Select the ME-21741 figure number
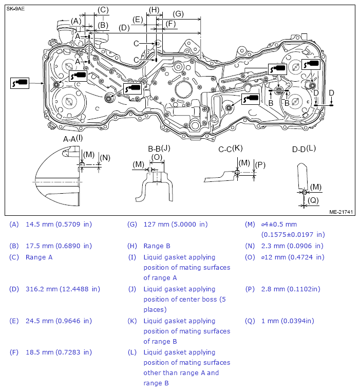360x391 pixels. pyautogui.click(x=340, y=211)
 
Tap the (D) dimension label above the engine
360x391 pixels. pyautogui.click(x=124, y=28)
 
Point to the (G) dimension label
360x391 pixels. pyautogui.click(x=178, y=14)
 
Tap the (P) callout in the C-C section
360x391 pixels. pyautogui.click(x=260, y=165)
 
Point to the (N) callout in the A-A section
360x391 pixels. pyautogui.click(x=105, y=158)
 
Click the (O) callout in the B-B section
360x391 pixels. pyautogui.click(x=157, y=157)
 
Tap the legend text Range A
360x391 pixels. pyautogui.click(x=39, y=257)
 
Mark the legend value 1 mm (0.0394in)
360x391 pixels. pyautogui.click(x=288, y=321)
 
